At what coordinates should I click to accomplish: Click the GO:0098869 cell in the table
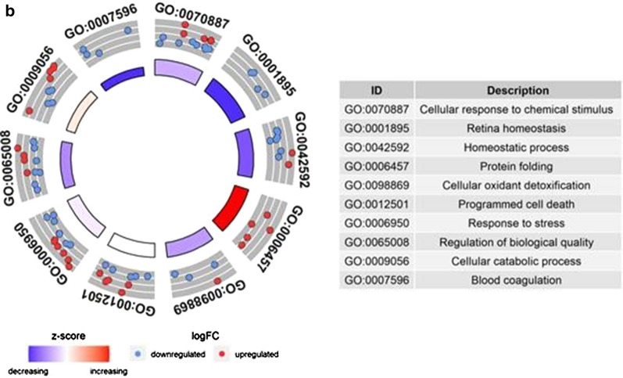pos(377,184)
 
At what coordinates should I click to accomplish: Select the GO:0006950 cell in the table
pos(377,221)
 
